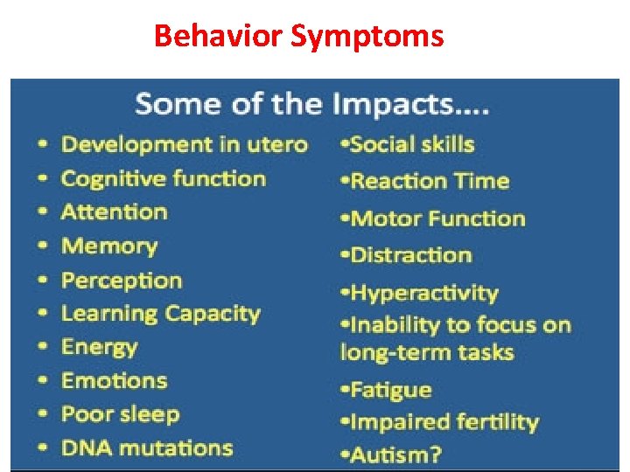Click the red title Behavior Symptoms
[x=298, y=37]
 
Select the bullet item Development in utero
[x=184, y=144]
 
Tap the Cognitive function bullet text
[x=163, y=178]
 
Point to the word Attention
[x=114, y=212]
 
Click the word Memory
[x=109, y=246]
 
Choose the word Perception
[x=122, y=281]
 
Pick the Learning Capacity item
[x=161, y=314]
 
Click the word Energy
[x=100, y=347]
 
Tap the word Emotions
[x=114, y=380]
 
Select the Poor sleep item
[x=120, y=414]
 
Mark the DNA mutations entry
[x=146, y=448]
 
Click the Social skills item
[x=411, y=144]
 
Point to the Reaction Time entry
[x=429, y=181]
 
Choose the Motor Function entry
[x=437, y=218]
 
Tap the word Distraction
[x=410, y=255]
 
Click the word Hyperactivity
[x=423, y=293]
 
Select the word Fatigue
[x=390, y=390]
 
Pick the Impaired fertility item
[x=444, y=422]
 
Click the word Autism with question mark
[x=395, y=455]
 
